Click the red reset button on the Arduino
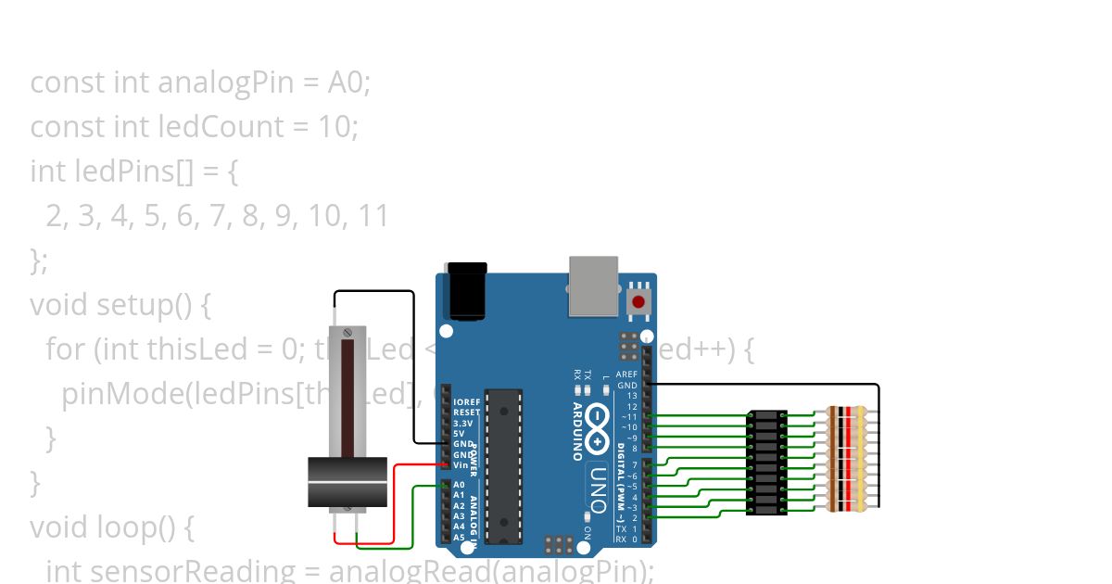tap(638, 301)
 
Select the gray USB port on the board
tap(593, 285)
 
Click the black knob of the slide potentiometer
tap(347, 482)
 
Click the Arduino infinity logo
tap(598, 429)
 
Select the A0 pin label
tap(459, 485)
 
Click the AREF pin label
tap(627, 375)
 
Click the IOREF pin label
tap(466, 401)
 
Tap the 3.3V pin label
tap(463, 423)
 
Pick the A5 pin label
tap(459, 537)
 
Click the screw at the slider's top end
tap(347, 331)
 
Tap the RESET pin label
tap(466, 412)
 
